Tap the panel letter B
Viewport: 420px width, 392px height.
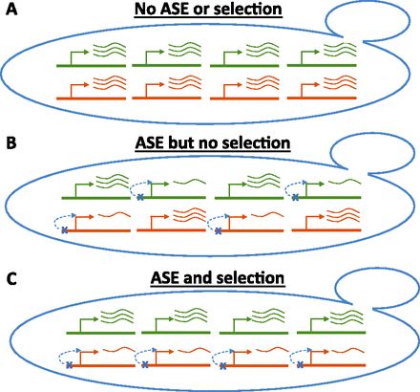pos(8,142)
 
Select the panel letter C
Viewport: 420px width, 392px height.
pos(8,277)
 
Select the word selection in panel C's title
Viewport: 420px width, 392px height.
pos(251,278)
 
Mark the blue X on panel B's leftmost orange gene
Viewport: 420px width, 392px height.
pos(65,230)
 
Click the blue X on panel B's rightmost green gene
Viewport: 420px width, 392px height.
pos(294,196)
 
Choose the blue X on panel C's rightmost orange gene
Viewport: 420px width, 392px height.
pos(303,366)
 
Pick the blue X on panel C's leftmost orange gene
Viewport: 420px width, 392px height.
pos(65,366)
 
